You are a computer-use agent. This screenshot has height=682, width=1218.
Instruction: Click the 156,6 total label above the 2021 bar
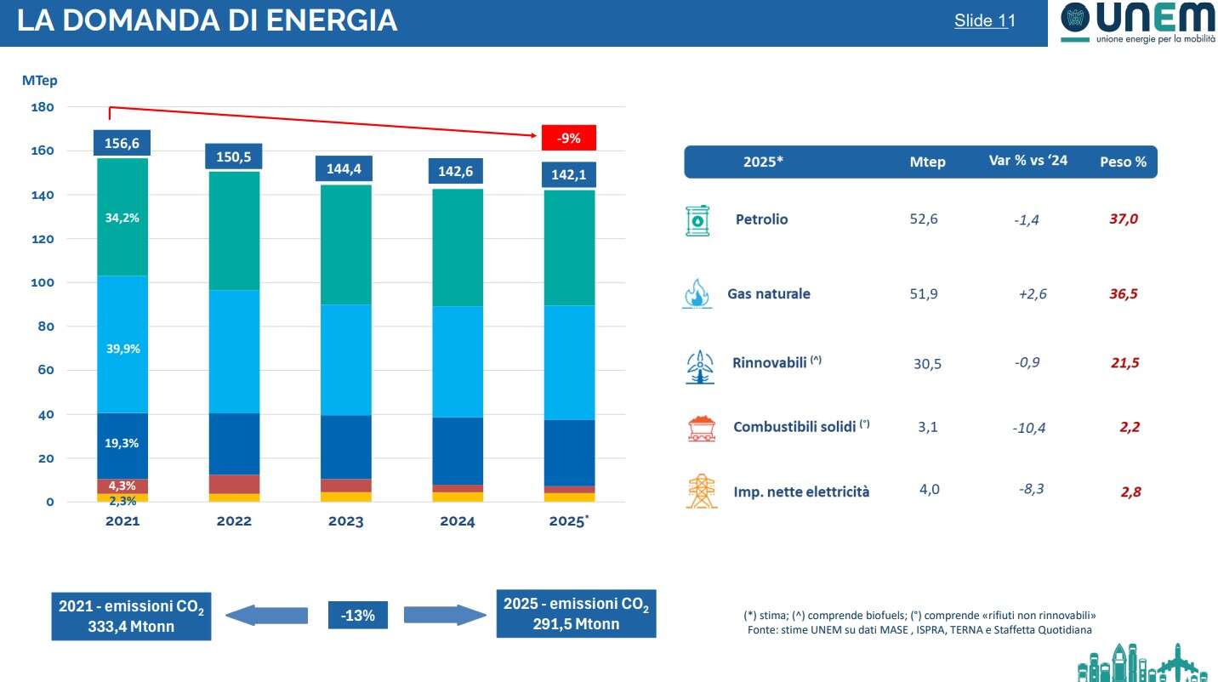(x=122, y=144)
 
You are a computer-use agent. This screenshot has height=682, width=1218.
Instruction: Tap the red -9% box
(x=568, y=138)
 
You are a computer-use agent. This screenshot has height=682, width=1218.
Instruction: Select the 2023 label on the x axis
(x=345, y=521)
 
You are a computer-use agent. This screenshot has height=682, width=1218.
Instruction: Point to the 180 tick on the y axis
(x=42, y=107)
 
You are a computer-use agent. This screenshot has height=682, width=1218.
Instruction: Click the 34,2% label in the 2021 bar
(x=122, y=218)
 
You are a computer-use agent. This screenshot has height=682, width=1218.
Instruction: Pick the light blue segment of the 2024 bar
(x=457, y=361)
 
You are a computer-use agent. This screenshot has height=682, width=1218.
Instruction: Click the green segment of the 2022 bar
(x=234, y=230)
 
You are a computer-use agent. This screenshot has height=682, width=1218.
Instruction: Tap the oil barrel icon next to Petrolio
(x=697, y=219)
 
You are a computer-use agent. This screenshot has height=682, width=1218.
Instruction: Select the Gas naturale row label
(x=768, y=294)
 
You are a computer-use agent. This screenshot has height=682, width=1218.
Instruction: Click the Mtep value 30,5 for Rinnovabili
(x=926, y=363)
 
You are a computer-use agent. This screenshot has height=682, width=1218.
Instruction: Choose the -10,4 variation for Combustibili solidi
(x=1028, y=428)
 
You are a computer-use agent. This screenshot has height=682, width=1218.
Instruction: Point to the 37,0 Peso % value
(x=1123, y=219)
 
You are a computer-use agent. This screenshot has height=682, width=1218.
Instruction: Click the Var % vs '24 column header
(x=1027, y=161)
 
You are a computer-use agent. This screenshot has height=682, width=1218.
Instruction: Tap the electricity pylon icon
(x=701, y=492)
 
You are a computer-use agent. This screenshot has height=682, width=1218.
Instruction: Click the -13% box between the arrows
(x=358, y=615)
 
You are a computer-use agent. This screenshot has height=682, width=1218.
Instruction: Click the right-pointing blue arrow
(x=443, y=615)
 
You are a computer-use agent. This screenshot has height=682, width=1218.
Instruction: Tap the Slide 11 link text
(x=984, y=21)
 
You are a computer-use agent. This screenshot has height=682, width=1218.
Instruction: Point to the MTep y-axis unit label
(x=39, y=81)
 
